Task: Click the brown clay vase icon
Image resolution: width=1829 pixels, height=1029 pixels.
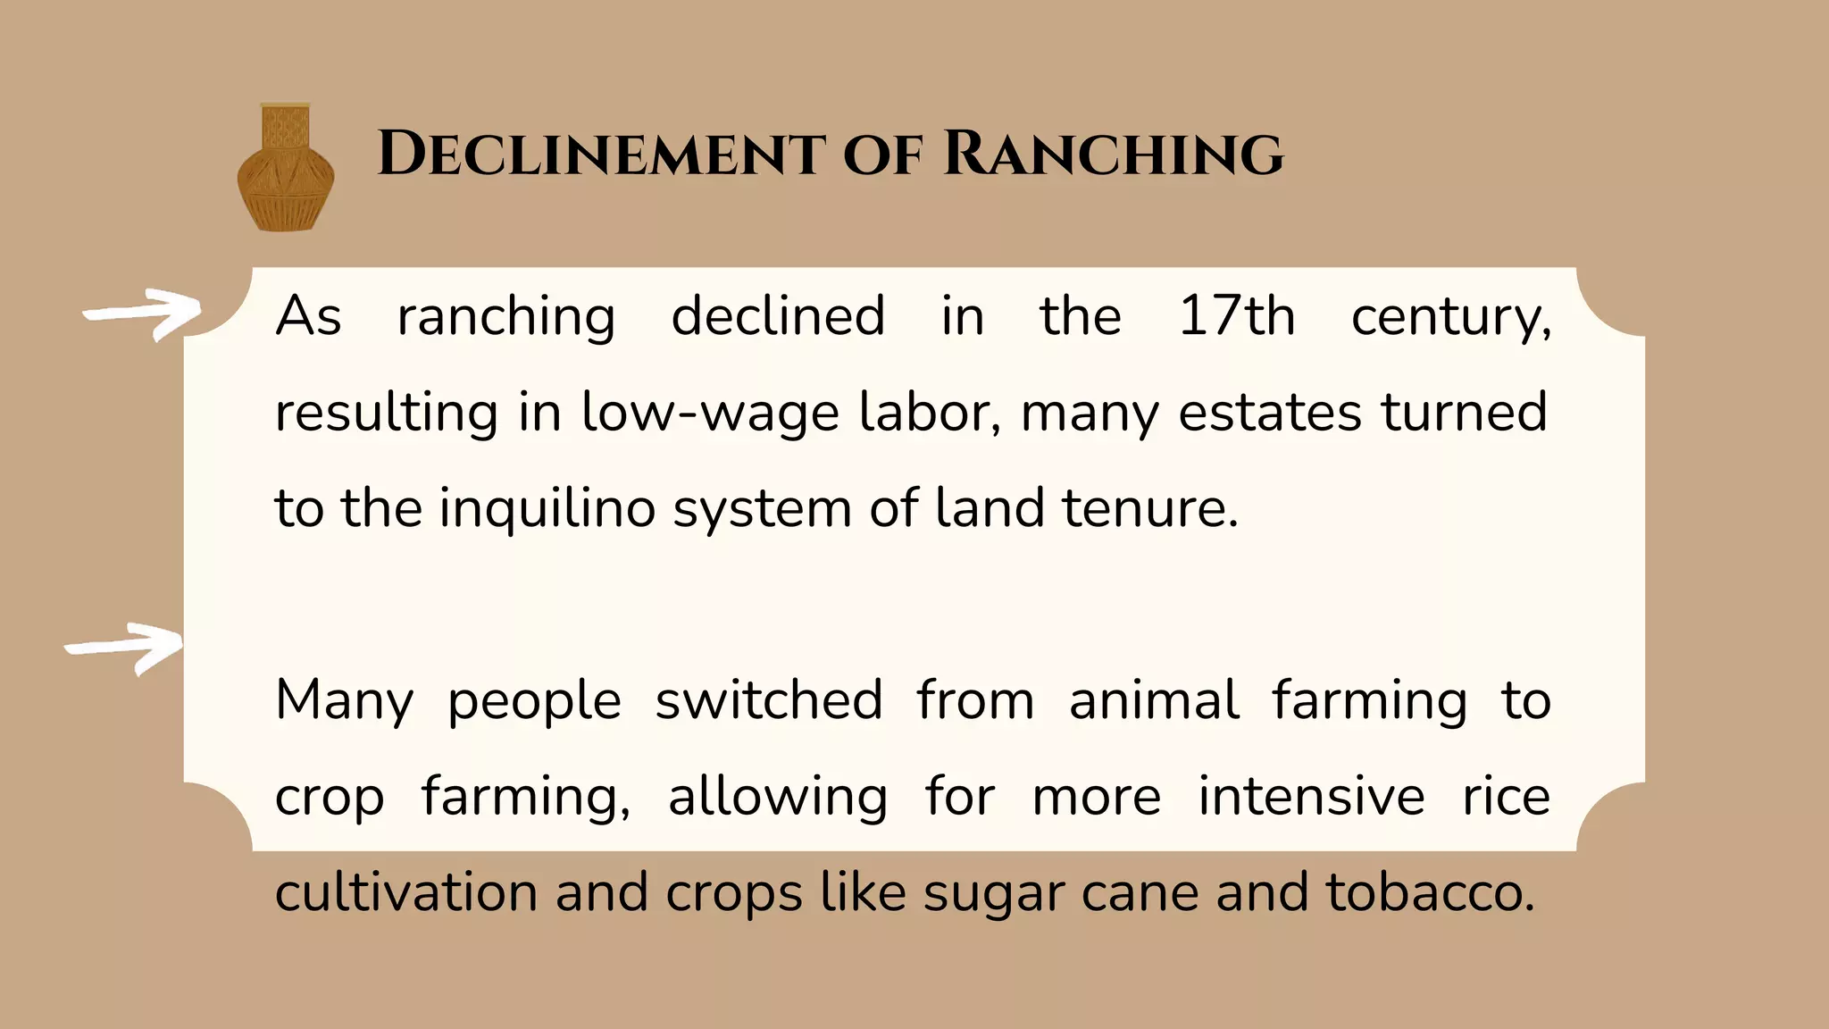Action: pos(285,168)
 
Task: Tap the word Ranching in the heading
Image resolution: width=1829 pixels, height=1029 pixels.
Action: pos(1113,155)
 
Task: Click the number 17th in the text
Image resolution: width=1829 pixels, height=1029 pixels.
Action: pos(1236,316)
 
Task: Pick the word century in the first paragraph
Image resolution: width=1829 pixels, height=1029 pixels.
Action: pos(1450,318)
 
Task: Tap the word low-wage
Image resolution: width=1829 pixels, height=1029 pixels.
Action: pos(710,413)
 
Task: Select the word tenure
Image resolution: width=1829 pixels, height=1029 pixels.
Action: pos(1149,508)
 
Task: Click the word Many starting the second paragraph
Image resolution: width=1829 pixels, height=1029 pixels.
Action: pos(344,701)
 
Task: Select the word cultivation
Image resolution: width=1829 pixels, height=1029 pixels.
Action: pos(406,892)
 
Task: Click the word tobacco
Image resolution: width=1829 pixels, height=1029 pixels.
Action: pos(1429,892)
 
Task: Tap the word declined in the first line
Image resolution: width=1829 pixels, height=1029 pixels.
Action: pos(778,316)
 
